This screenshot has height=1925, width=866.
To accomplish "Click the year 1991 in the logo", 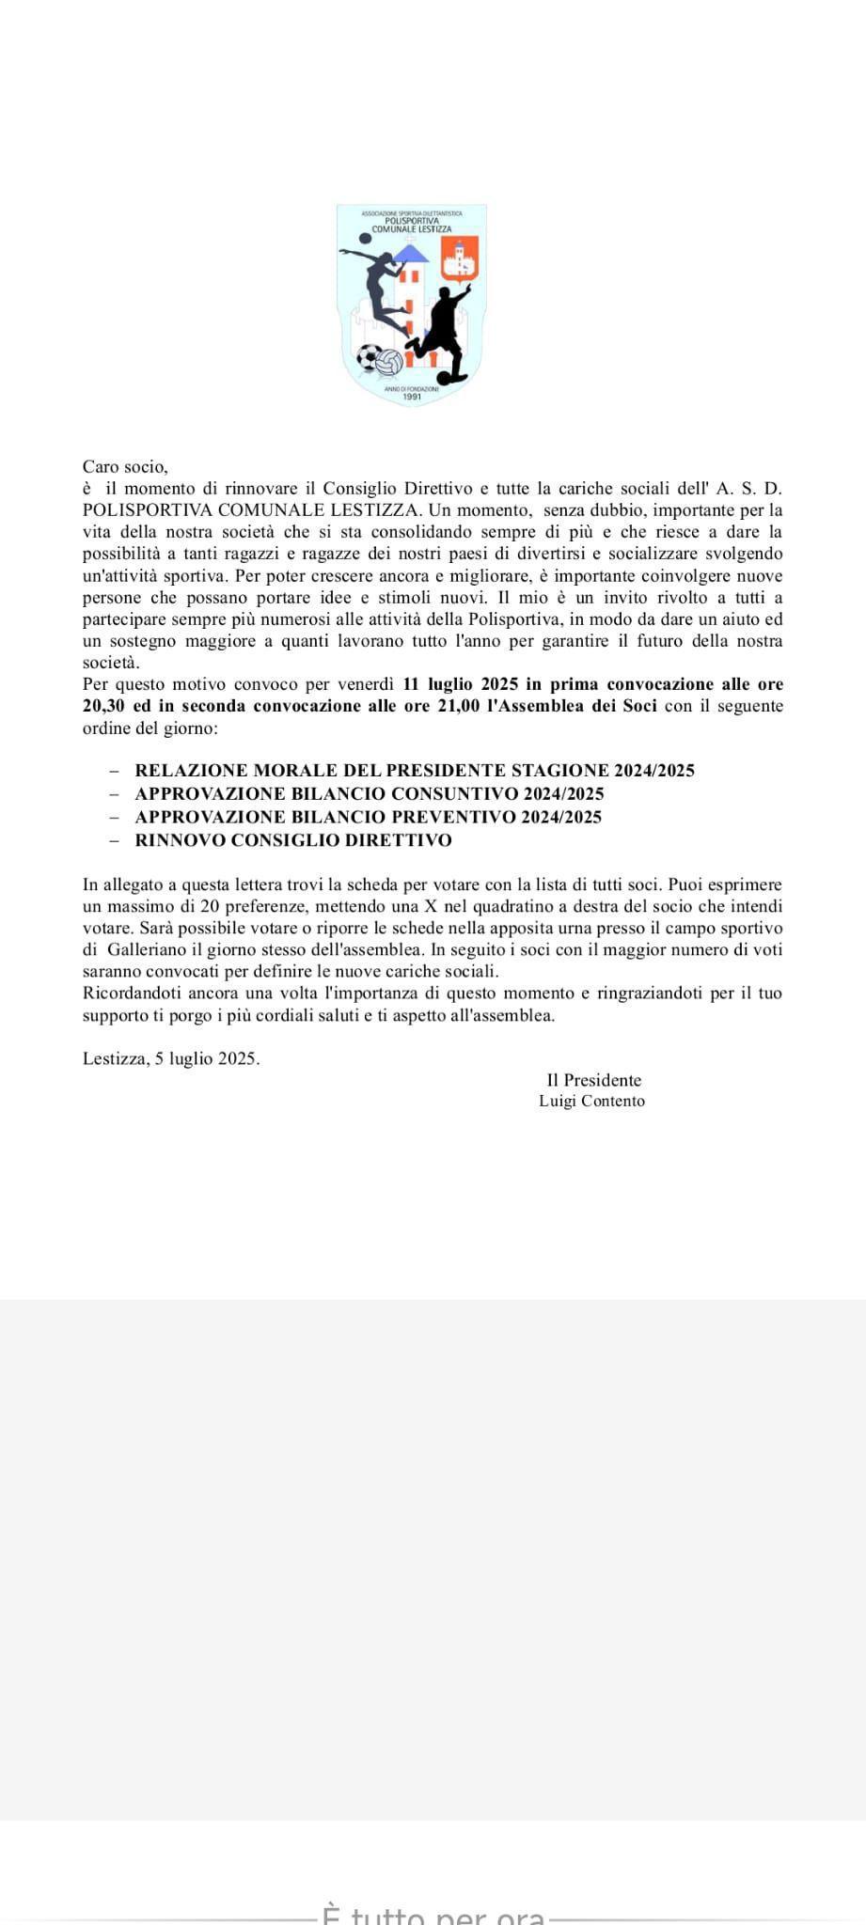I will pos(412,397).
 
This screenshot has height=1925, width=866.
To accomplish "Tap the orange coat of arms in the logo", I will pos(460,259).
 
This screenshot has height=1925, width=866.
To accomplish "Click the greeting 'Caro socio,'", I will pos(125,466).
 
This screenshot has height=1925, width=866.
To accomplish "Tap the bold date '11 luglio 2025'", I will pos(453,684).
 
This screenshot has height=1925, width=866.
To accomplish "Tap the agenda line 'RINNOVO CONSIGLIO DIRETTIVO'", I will pos(293,840).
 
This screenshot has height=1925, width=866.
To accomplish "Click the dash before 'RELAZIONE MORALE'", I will pos(114,771).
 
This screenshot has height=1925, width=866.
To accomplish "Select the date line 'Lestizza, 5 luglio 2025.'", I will pos(171,1058).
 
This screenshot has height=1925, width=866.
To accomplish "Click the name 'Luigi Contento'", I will pos(591,1102).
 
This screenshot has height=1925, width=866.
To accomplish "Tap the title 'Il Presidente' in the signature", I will pos(593,1081).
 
